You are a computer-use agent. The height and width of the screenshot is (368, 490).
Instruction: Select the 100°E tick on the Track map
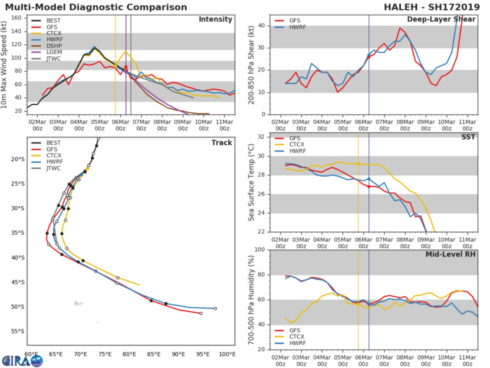(227, 355)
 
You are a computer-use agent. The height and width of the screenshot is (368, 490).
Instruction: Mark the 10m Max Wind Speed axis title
(6, 64)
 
